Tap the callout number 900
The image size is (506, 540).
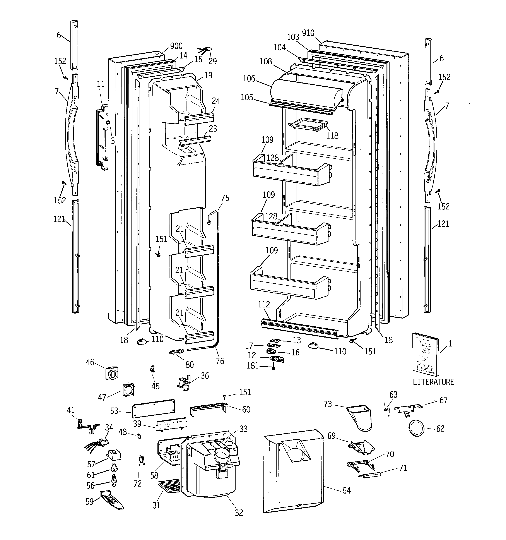click(176, 46)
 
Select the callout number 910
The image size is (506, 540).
click(308, 33)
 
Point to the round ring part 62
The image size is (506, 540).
click(416, 428)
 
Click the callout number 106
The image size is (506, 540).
click(249, 79)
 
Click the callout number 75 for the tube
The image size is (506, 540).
click(225, 198)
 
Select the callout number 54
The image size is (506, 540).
click(347, 490)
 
